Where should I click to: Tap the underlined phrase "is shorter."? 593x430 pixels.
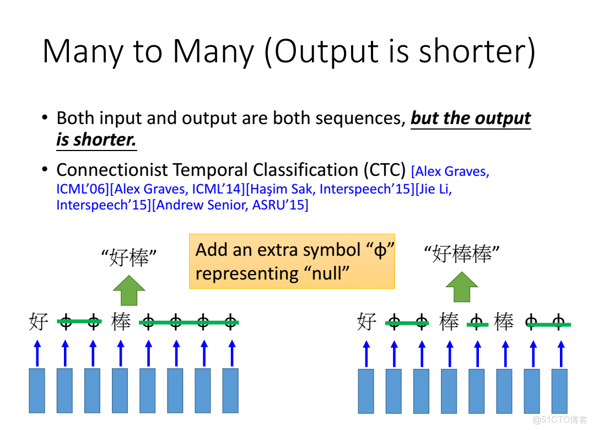click(x=96, y=139)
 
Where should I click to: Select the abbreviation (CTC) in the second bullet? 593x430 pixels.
click(x=385, y=170)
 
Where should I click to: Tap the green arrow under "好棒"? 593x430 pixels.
click(x=129, y=291)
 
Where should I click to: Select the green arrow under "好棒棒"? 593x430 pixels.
click(x=462, y=287)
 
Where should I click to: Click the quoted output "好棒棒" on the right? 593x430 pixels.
click(x=462, y=254)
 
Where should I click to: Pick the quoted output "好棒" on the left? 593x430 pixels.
click(x=129, y=257)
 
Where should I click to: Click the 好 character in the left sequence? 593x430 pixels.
click(x=39, y=322)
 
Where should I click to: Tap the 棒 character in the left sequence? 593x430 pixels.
click(x=121, y=322)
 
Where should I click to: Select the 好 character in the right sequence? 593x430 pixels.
click(x=367, y=322)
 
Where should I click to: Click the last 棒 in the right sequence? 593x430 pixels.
click(x=504, y=322)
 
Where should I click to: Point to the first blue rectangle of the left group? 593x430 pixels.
click(x=37, y=391)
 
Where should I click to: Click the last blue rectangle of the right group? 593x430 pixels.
click(x=560, y=391)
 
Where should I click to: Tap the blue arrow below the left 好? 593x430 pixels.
click(x=37, y=353)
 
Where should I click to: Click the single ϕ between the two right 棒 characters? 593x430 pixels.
click(x=477, y=322)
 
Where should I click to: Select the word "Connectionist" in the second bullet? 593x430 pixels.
click(x=112, y=170)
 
